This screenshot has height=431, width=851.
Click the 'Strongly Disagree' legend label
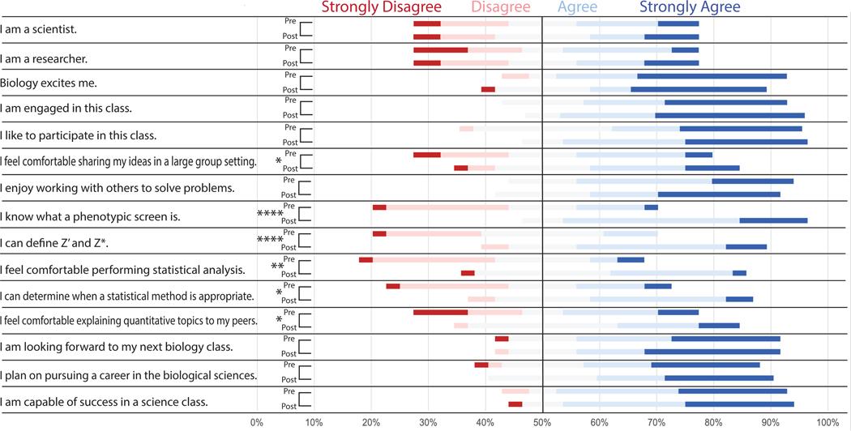pos(381,8)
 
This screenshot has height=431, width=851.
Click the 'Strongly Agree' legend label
pos(690,8)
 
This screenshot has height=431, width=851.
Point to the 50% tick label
pos(542,422)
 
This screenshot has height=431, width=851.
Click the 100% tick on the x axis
pos(827,422)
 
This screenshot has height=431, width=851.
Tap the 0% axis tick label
pos(256,422)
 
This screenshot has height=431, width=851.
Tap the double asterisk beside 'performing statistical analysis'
pos(276,267)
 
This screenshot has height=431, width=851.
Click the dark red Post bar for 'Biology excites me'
pos(488,89)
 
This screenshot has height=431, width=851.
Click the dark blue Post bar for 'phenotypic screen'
pos(773,220)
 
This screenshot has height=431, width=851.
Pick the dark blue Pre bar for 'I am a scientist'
pos(678,24)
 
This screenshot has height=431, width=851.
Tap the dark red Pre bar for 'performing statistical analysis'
pos(366,260)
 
